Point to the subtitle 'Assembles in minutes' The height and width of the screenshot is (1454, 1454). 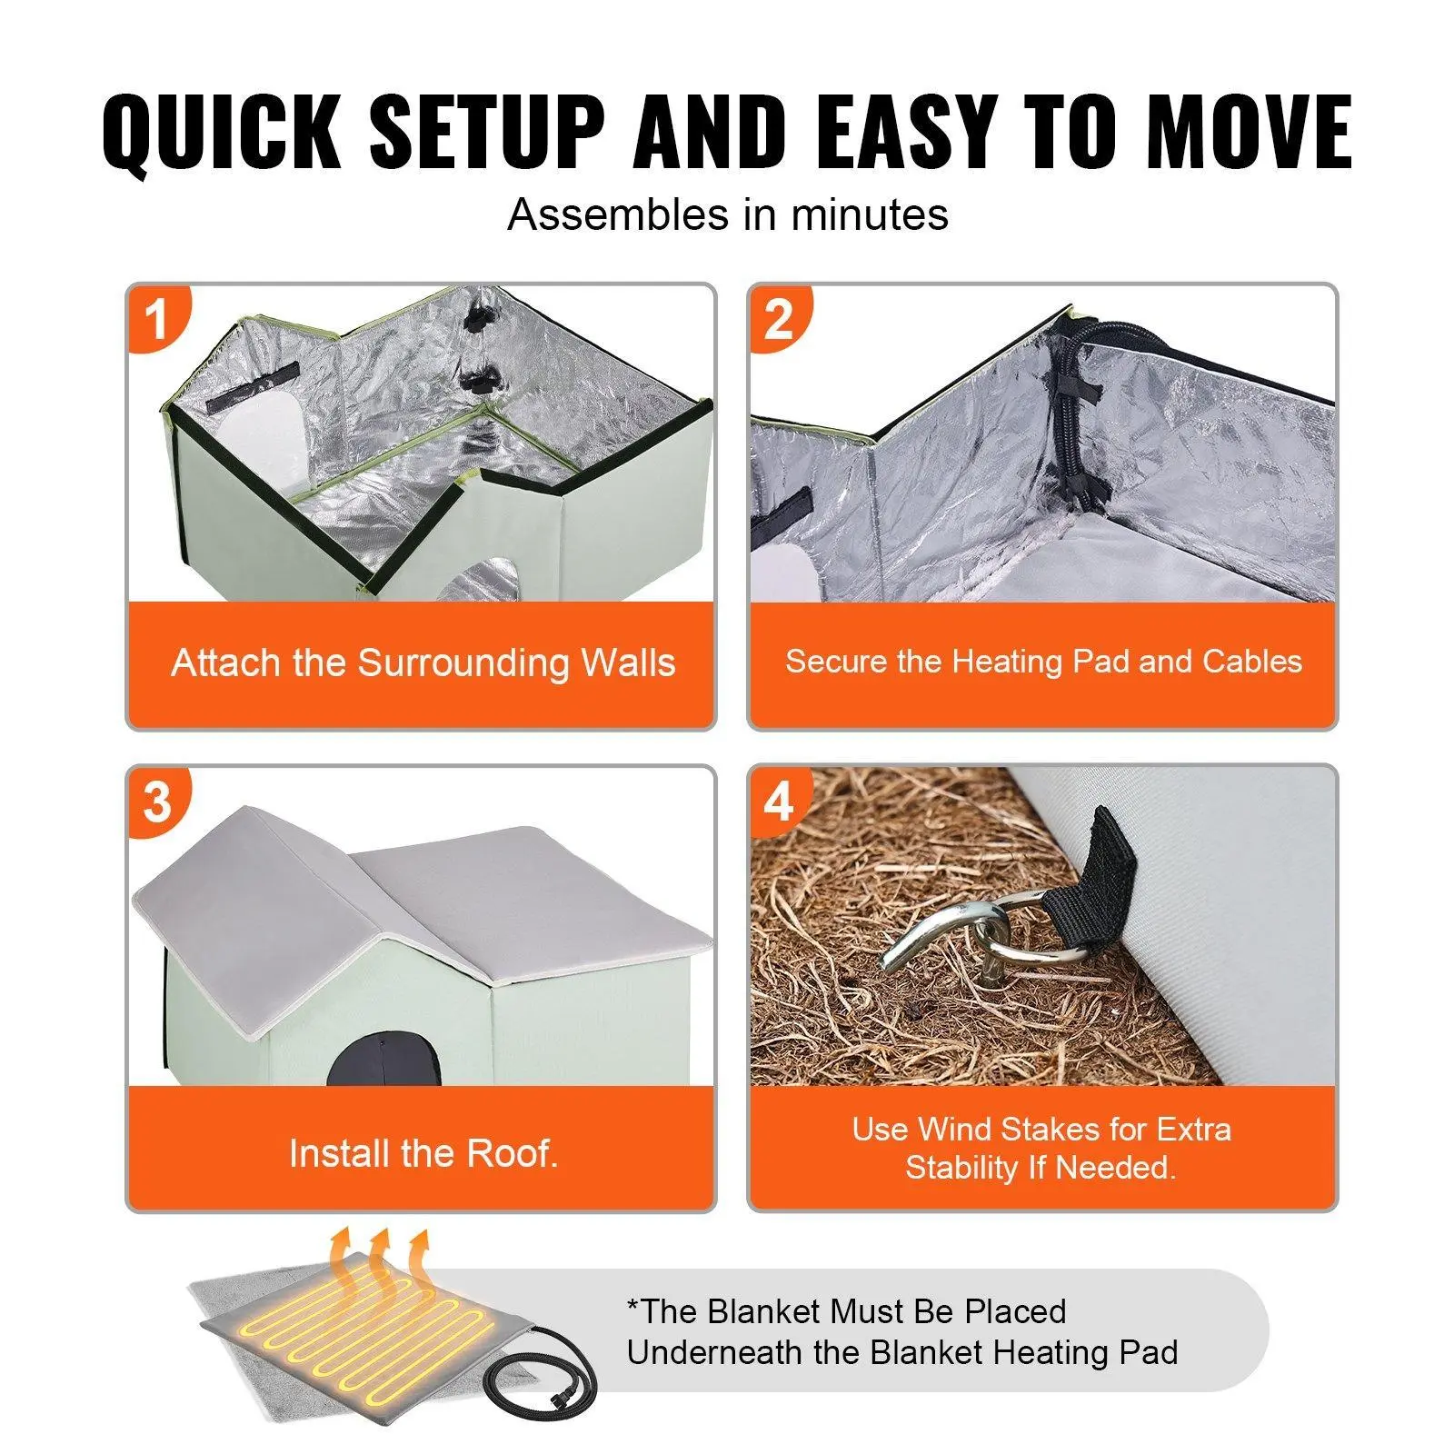[x=728, y=215]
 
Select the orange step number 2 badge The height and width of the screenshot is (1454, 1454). [x=779, y=319]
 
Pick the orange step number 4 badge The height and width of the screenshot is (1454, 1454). [x=779, y=802]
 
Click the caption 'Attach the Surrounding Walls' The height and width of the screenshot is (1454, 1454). [x=423, y=662]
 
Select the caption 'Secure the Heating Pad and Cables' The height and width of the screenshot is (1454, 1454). [x=1043, y=661]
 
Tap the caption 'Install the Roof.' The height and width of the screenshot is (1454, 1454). [x=423, y=1153]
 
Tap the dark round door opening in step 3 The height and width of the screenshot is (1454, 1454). [x=383, y=1059]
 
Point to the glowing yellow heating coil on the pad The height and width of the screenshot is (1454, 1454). [x=372, y=1326]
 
